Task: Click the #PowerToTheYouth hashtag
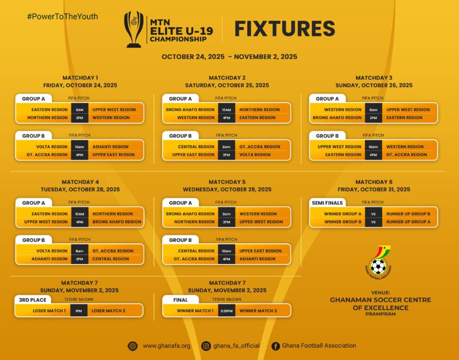pyautogui.click(x=62, y=17)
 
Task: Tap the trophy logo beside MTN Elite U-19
pyautogui.click(x=134, y=29)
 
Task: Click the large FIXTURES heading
pyautogui.click(x=284, y=29)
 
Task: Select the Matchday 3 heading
pyautogui.click(x=374, y=78)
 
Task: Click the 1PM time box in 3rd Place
pyautogui.click(x=79, y=310)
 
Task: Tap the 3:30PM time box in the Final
pyautogui.click(x=226, y=310)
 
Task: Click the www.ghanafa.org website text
pyautogui.click(x=167, y=346)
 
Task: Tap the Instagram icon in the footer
pyautogui.click(x=206, y=346)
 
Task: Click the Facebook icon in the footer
pyautogui.click(x=275, y=346)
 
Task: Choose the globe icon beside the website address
pyautogui.click(x=132, y=346)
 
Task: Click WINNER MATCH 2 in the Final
pyautogui.click(x=258, y=310)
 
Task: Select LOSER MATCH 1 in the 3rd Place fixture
pyautogui.click(x=49, y=310)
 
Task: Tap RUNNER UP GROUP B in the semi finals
pyautogui.click(x=408, y=214)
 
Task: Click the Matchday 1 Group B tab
pyautogui.click(x=34, y=135)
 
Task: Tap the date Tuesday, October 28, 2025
pyautogui.click(x=80, y=189)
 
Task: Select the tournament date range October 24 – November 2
pyautogui.click(x=230, y=57)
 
